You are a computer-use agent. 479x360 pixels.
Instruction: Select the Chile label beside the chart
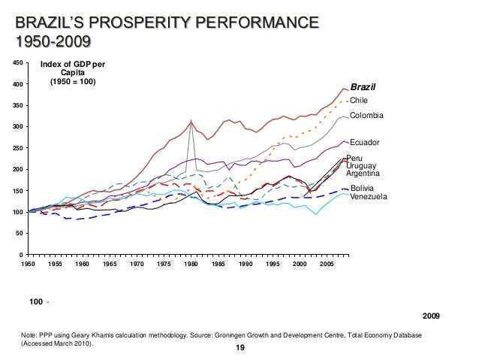(x=360, y=100)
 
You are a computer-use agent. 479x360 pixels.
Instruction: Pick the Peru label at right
(x=355, y=158)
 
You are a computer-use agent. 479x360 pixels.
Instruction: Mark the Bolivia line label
(x=362, y=188)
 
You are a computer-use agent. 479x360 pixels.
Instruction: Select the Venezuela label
(x=369, y=196)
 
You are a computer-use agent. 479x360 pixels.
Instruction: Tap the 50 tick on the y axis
(x=20, y=234)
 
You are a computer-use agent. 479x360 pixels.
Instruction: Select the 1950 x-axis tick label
(x=28, y=265)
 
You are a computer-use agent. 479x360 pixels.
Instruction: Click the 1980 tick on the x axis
(x=191, y=265)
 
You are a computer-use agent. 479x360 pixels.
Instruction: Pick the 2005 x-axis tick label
(x=327, y=265)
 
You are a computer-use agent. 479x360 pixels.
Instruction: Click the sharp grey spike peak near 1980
(x=191, y=120)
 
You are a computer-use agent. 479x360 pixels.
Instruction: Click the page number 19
(x=240, y=347)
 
